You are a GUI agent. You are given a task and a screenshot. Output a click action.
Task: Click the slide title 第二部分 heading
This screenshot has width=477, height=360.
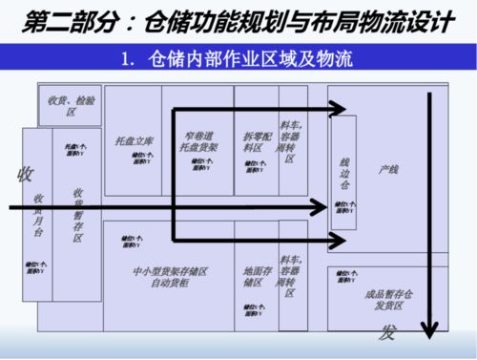point(238,18)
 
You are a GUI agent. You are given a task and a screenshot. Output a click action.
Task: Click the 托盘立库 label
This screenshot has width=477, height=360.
point(132,140)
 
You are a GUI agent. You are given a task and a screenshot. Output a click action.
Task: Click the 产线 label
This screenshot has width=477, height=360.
point(387,169)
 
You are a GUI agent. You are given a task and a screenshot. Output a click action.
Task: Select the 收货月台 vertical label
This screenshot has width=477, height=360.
point(37,215)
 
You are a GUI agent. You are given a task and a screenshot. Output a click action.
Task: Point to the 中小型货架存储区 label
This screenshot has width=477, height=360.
point(171,271)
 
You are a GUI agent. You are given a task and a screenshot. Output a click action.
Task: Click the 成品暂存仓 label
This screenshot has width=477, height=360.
point(386,295)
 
